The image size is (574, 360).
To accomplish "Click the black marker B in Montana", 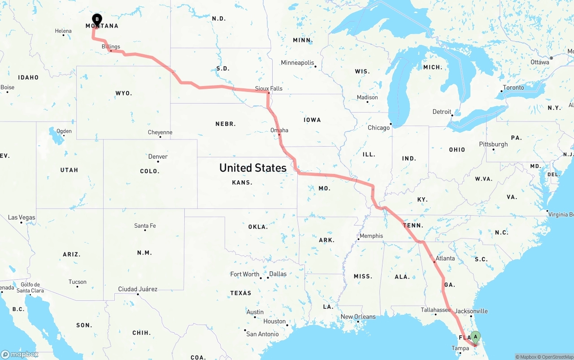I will [96, 19].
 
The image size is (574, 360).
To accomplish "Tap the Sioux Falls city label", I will [269, 88].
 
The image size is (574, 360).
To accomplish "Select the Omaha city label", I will [279, 130].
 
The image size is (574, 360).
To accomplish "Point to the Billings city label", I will [111, 47].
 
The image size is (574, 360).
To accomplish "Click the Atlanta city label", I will [445, 258].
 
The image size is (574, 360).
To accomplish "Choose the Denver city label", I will [158, 156].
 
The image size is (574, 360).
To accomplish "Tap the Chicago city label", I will [378, 128].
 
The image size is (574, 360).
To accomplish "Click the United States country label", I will [252, 168].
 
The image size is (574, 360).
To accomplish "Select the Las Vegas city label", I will [22, 217].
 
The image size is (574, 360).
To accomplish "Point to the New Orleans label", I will [358, 317].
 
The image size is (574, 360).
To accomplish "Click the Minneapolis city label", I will [298, 63].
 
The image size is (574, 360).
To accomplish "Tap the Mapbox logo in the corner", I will [20, 354].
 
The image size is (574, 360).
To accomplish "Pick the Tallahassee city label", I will [435, 310].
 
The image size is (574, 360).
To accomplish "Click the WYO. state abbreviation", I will [124, 93].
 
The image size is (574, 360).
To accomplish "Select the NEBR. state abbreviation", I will [226, 123].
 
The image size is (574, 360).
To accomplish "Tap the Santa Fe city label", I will [145, 226].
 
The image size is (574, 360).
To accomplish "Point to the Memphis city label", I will [371, 236].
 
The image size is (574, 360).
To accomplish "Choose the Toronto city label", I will [513, 87].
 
